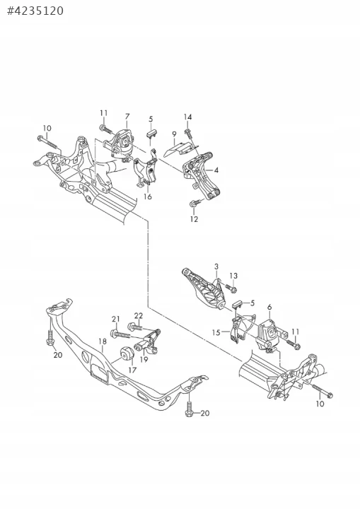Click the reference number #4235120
click(35, 11)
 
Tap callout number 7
click(127, 116)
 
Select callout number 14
click(188, 117)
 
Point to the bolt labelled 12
click(194, 203)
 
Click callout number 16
click(148, 197)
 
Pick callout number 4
click(216, 170)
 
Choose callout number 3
click(216, 267)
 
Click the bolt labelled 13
click(231, 288)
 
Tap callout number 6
click(269, 307)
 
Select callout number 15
click(216, 333)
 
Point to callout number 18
click(103, 341)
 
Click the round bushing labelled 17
click(127, 354)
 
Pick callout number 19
click(144, 359)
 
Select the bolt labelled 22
click(136, 326)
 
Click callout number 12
click(194, 219)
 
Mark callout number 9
click(175, 134)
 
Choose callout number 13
click(233, 276)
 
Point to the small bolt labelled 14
click(188, 133)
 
